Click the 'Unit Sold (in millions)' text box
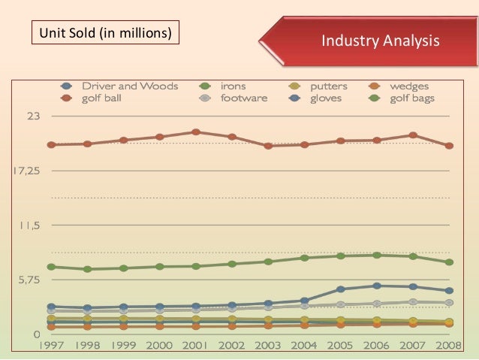[x=105, y=34]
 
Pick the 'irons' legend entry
[x=232, y=86]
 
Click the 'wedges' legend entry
[x=408, y=86]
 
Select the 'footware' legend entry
[x=243, y=98]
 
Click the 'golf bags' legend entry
[x=411, y=98]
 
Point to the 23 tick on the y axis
[x=34, y=116]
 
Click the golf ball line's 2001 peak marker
[x=195, y=132]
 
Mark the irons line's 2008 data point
[x=449, y=262]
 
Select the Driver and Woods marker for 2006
[x=376, y=286]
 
